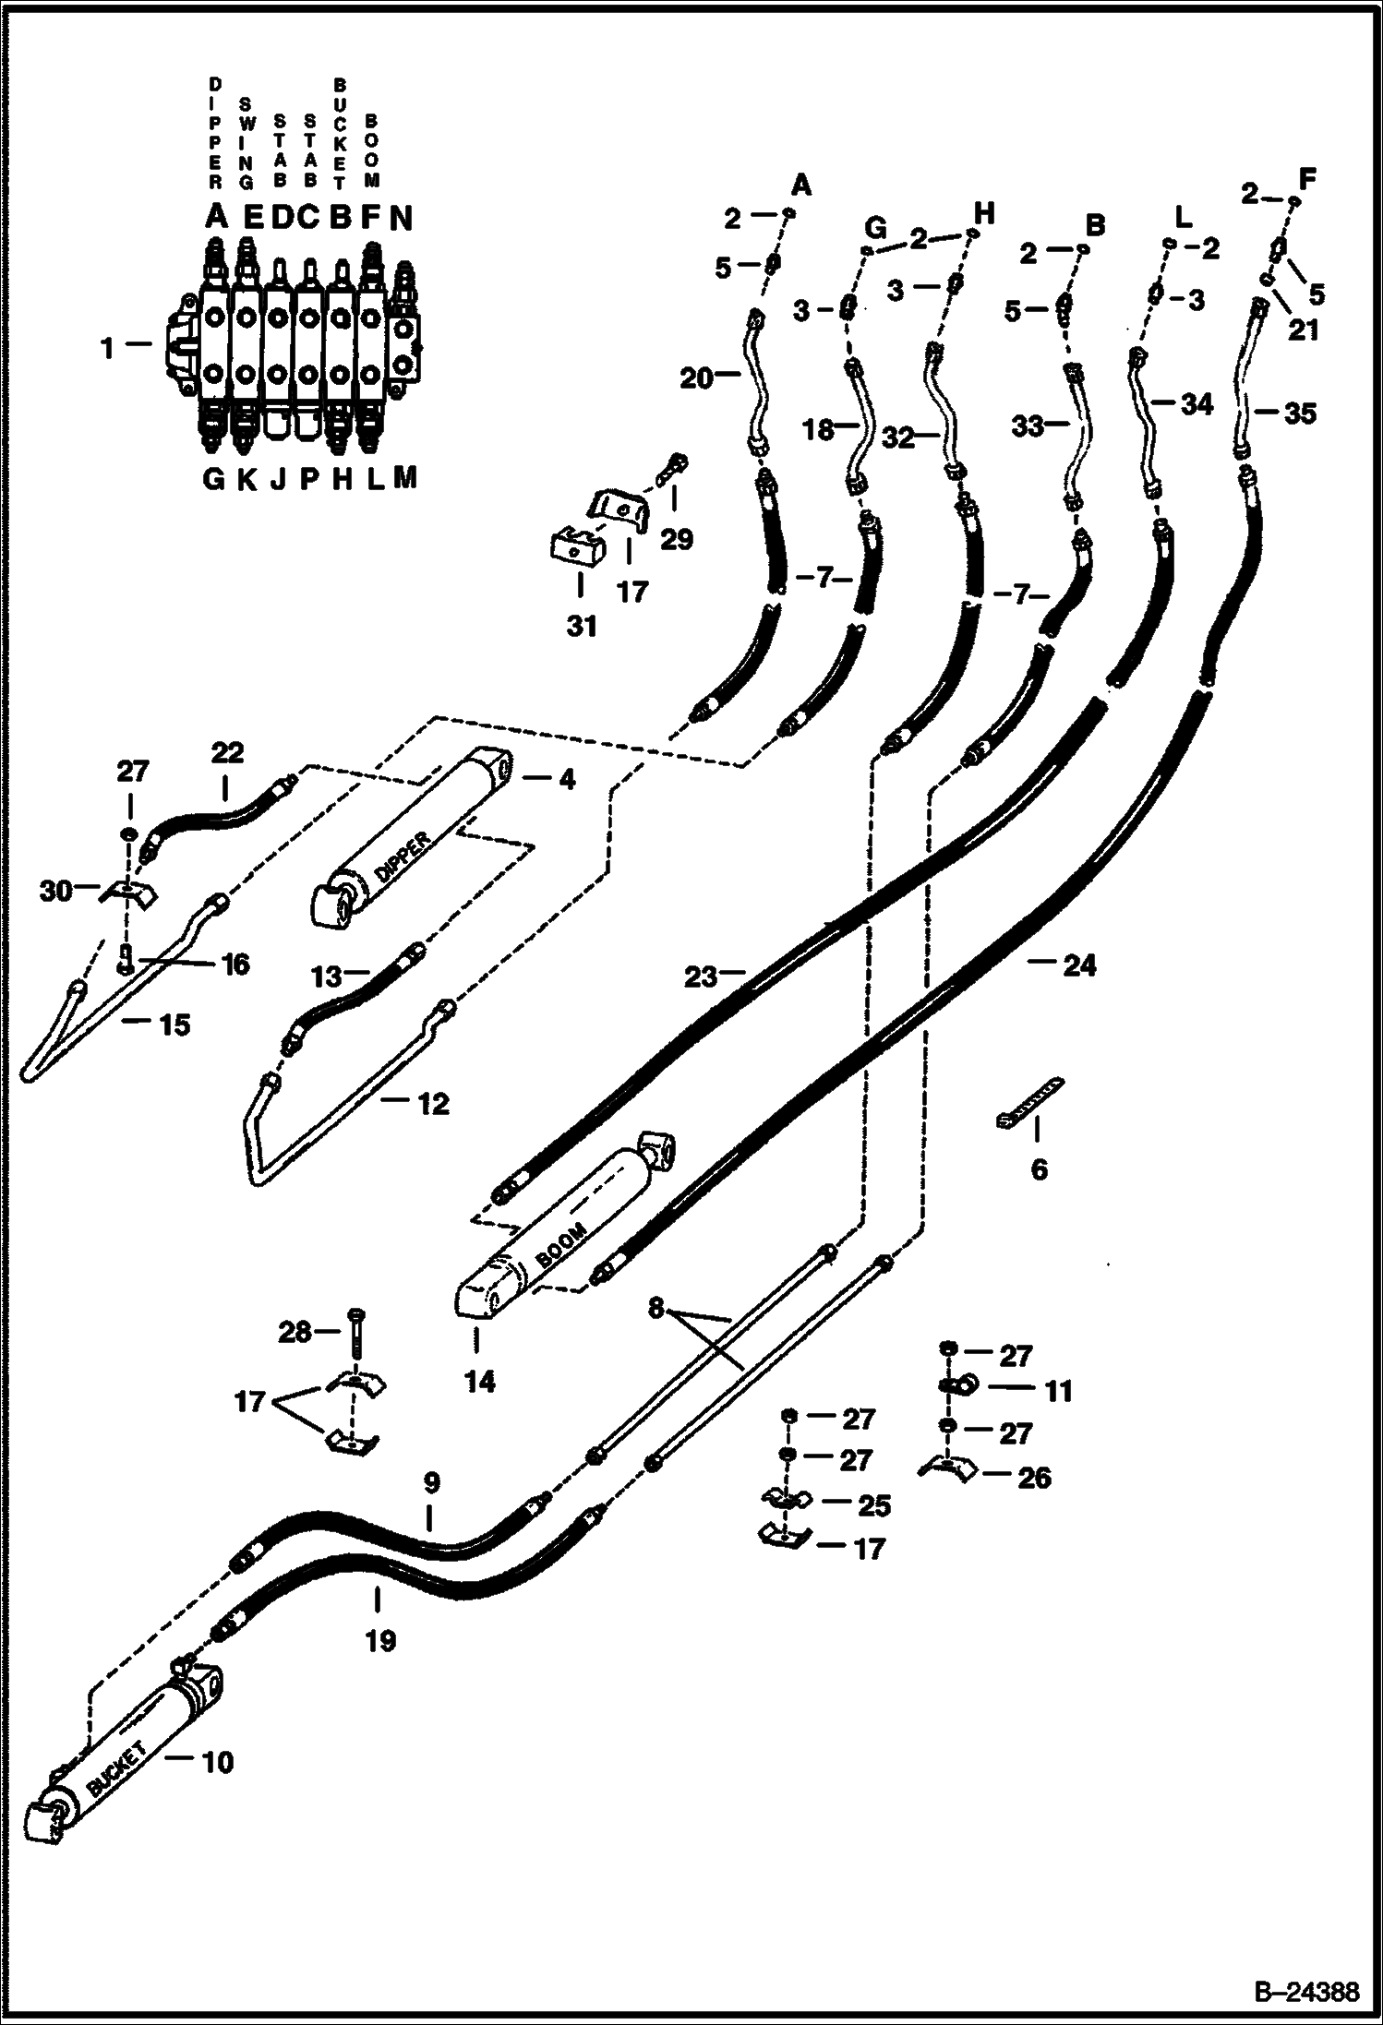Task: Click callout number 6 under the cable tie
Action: coord(1039,1170)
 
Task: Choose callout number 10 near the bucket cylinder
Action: coord(218,1762)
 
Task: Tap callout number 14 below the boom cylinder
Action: coord(480,1382)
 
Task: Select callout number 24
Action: coord(1078,965)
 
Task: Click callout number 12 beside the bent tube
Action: coord(434,1103)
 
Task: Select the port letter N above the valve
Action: coord(401,218)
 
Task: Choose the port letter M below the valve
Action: coord(404,477)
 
